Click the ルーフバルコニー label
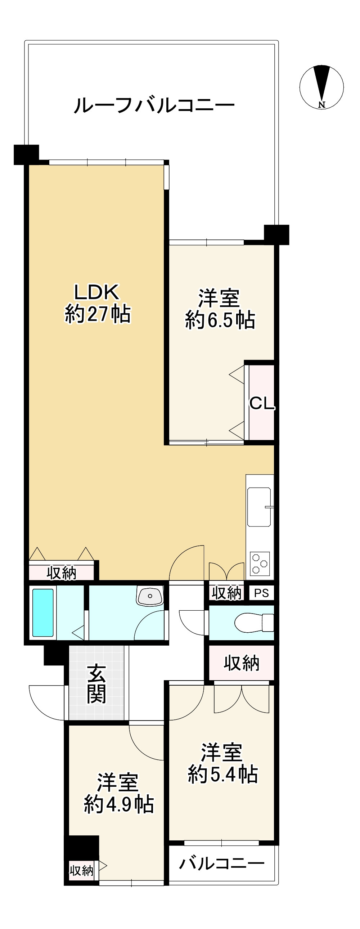[154, 105]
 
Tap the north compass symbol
[321, 87]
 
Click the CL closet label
[261, 403]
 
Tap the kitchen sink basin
[259, 507]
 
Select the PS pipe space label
[261, 593]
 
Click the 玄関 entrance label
[96, 685]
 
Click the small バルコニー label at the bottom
[221, 863]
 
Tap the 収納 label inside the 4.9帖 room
[81, 871]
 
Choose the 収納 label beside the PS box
[226, 593]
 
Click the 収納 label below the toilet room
[241, 663]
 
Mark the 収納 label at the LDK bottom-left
[61, 573]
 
